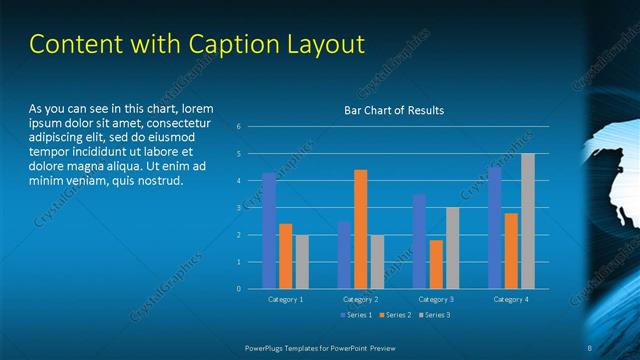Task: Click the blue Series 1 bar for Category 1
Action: (x=269, y=231)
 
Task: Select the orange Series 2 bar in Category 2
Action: (x=360, y=229)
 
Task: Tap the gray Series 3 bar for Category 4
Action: (x=527, y=221)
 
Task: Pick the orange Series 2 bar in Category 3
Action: (x=436, y=264)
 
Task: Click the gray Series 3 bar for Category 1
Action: (x=302, y=262)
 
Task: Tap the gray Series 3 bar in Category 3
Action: (x=452, y=248)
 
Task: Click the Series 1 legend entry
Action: (x=357, y=315)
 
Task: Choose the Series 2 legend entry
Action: (x=397, y=315)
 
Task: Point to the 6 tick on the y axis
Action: (x=239, y=127)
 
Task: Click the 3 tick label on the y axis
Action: (x=239, y=208)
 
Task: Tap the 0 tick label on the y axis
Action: (x=239, y=289)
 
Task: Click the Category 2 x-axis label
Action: (x=360, y=299)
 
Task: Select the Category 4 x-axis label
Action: (x=510, y=299)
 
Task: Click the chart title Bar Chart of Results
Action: (x=394, y=110)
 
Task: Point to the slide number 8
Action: (x=589, y=347)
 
